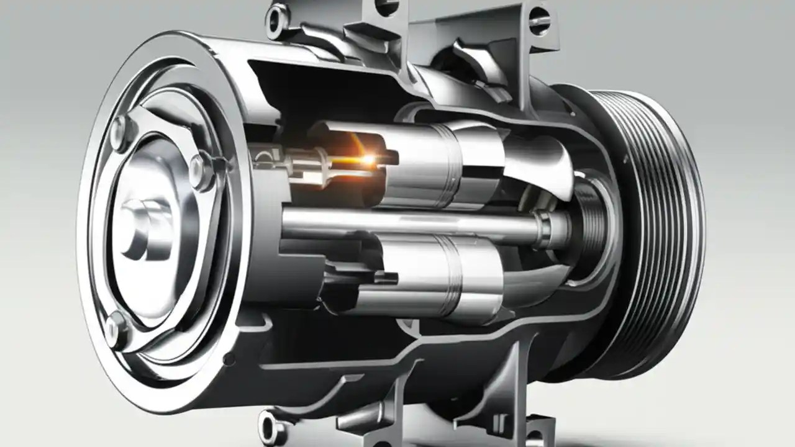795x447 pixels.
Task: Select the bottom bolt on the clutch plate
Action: tap(116, 327)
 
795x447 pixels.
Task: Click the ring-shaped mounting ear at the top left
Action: tap(277, 19)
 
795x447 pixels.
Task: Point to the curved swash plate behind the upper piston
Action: tap(540, 165)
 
